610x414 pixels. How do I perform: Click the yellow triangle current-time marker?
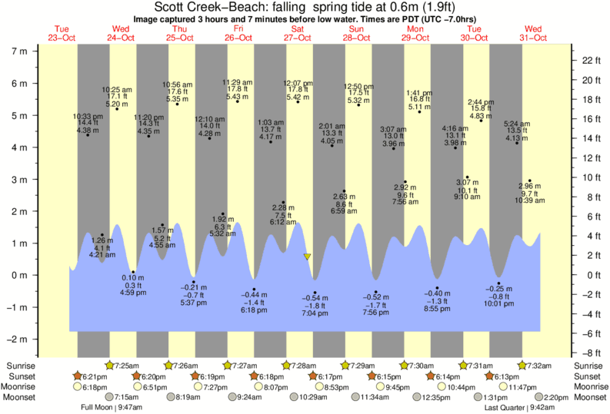coord(308,257)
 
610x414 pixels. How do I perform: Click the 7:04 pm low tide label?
coord(314,314)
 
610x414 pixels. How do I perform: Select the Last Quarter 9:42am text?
coord(515,408)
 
